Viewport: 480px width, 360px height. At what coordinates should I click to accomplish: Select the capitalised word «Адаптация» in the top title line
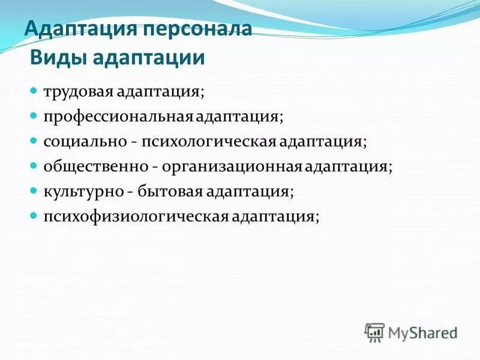coord(80,30)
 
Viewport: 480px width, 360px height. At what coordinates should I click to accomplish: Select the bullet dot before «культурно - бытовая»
coord(35,191)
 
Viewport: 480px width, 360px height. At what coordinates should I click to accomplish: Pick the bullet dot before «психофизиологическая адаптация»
coord(35,215)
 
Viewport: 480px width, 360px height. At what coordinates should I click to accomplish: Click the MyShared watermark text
coord(422,332)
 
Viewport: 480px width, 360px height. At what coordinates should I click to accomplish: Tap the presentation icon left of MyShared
coord(374,332)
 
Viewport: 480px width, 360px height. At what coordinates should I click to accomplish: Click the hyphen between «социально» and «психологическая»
coord(136,143)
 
